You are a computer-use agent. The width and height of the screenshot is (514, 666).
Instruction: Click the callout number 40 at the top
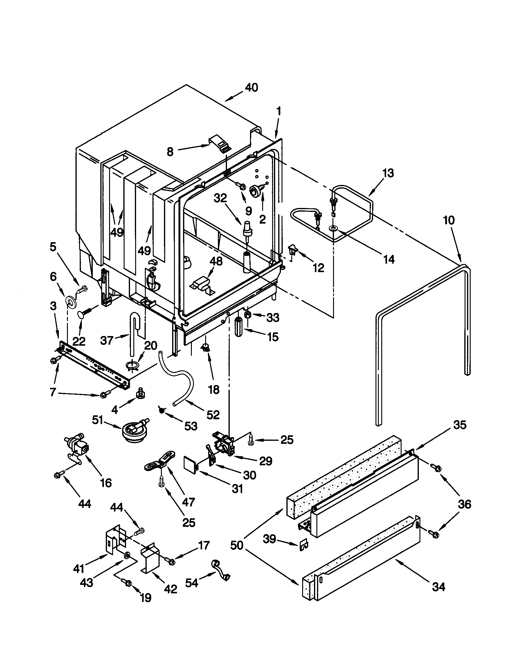(251, 87)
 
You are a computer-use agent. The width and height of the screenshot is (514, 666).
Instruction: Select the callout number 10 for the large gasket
(449, 220)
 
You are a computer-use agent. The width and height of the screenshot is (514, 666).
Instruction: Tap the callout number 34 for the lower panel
(438, 586)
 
